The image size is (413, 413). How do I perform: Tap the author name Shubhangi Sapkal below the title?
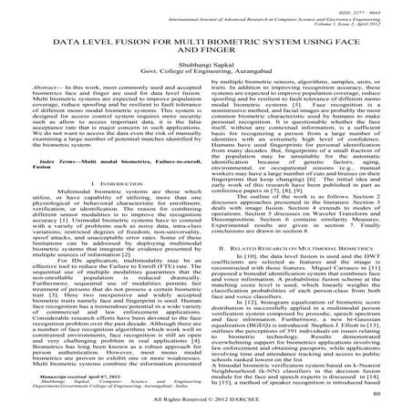point(206,70)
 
